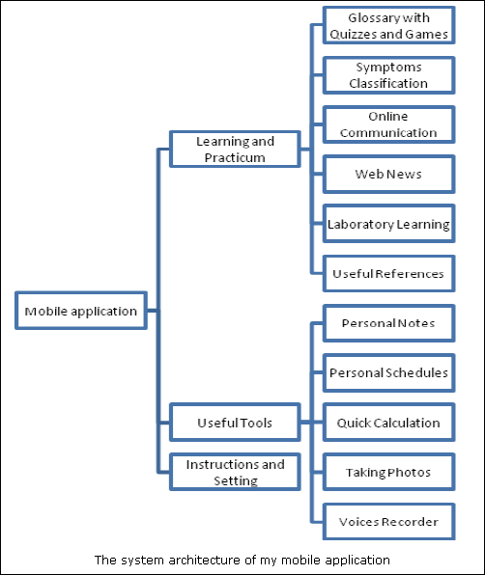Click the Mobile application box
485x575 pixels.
81,311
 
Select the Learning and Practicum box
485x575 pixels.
235,150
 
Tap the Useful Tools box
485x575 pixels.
235,423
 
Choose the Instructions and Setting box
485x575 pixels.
235,472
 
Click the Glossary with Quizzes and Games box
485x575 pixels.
389,25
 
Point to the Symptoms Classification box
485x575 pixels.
389,75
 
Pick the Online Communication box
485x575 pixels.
389,124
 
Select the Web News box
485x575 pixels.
389,175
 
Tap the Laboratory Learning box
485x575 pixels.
389,224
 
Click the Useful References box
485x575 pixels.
389,274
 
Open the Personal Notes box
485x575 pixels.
389,323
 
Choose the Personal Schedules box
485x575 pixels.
389,373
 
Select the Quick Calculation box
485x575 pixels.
389,423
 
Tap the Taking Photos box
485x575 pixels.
389,472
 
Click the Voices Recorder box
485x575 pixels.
389,522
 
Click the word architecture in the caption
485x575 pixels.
205,560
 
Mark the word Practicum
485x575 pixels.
235,157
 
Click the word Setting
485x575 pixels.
236,480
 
